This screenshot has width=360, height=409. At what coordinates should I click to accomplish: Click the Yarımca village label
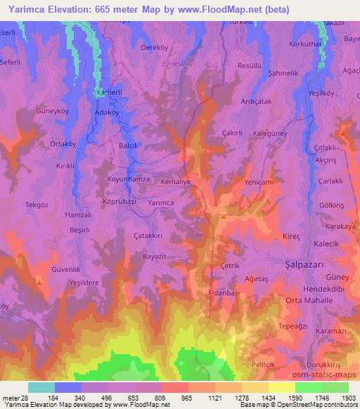coord(161,202)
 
